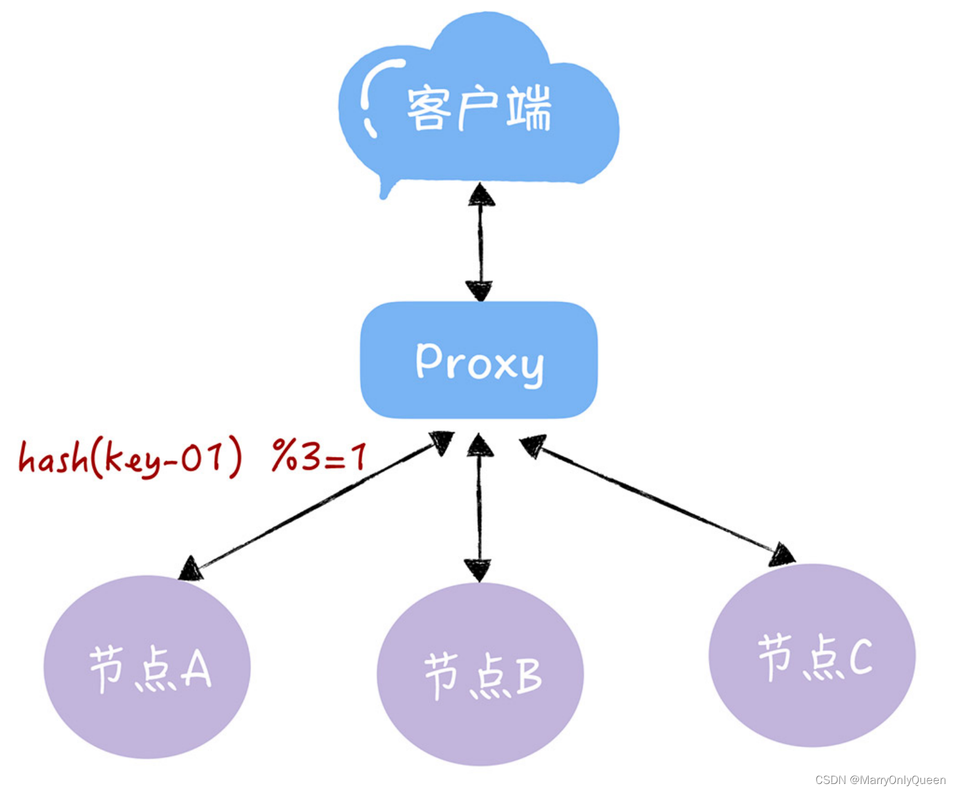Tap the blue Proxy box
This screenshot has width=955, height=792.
click(x=479, y=360)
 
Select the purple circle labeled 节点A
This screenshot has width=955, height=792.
click(x=147, y=667)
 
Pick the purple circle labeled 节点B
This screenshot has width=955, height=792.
click(x=480, y=674)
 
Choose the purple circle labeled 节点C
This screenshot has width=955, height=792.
click(x=812, y=656)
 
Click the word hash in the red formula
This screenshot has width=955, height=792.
click(x=53, y=459)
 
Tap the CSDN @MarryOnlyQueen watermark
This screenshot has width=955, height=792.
click(x=880, y=780)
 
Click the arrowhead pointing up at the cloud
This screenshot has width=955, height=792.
click(x=481, y=195)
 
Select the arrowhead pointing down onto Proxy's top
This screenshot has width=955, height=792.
click(x=479, y=290)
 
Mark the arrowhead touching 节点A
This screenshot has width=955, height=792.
click(x=191, y=568)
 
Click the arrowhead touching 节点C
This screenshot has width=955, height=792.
click(x=781, y=555)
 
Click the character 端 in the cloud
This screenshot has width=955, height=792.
click(x=529, y=108)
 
